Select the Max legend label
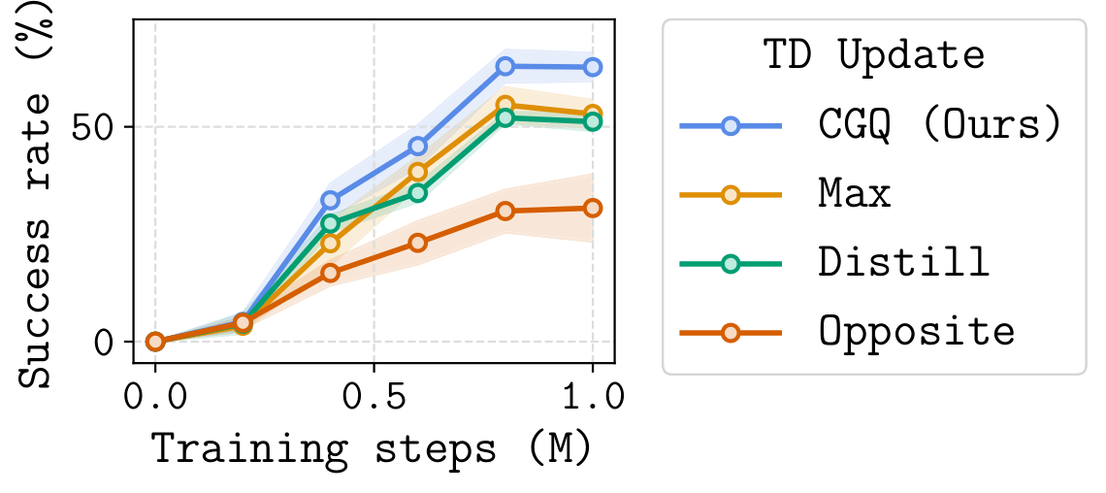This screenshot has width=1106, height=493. click(855, 194)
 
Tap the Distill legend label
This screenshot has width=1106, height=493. click(903, 263)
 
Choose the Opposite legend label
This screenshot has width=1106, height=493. click(917, 332)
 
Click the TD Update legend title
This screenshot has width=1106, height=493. click(873, 56)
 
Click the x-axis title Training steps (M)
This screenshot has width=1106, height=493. click(373, 450)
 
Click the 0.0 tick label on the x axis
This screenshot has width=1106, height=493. click(155, 399)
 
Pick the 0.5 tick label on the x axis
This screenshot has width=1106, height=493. click(374, 399)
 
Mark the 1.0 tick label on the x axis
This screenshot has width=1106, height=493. click(592, 399)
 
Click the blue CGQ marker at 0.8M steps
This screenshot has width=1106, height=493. click(504, 66)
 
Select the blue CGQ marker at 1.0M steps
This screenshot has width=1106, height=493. click(592, 67)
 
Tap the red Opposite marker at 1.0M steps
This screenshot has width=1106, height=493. click(592, 208)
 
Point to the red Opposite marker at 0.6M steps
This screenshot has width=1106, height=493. click(417, 243)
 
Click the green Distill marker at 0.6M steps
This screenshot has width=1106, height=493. click(417, 192)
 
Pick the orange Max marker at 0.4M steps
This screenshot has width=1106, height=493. click(330, 243)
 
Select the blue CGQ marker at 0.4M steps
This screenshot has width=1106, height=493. click(330, 201)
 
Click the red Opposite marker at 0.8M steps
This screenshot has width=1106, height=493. click(504, 211)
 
